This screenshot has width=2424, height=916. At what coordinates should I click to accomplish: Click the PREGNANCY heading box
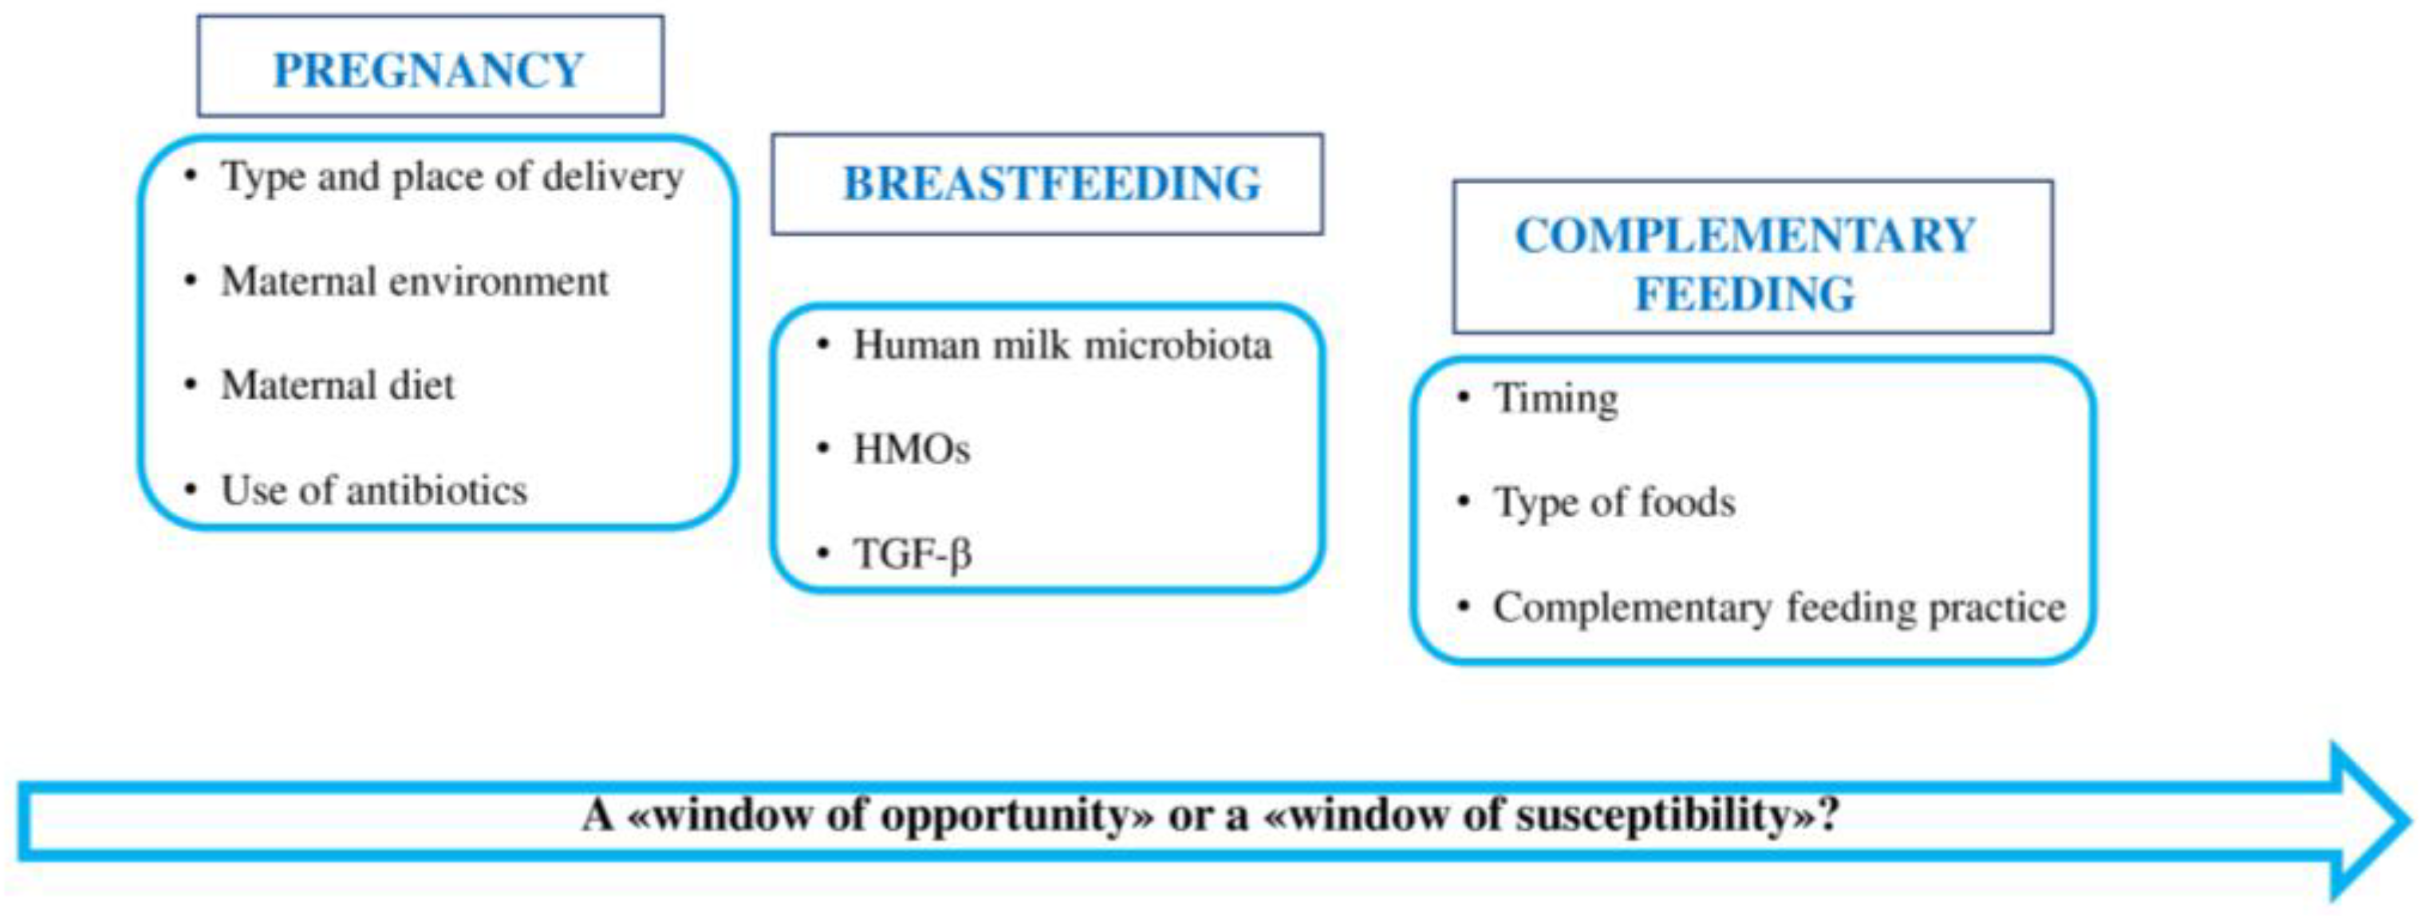[429, 68]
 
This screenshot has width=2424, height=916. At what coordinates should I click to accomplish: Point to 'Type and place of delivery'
[451, 177]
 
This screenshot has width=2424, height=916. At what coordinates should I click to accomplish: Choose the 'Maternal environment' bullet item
[414, 281]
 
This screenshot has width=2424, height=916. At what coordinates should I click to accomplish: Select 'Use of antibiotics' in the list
[373, 490]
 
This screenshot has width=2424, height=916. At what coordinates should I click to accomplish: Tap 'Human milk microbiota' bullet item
[1062, 345]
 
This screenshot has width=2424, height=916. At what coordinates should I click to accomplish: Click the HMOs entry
[910, 450]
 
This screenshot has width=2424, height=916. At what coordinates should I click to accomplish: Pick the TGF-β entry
[911, 553]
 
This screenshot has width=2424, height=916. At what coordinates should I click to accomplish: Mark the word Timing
[1555, 399]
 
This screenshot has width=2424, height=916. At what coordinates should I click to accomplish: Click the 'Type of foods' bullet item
[1614, 502]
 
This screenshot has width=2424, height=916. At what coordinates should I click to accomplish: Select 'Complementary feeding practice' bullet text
[1779, 607]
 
